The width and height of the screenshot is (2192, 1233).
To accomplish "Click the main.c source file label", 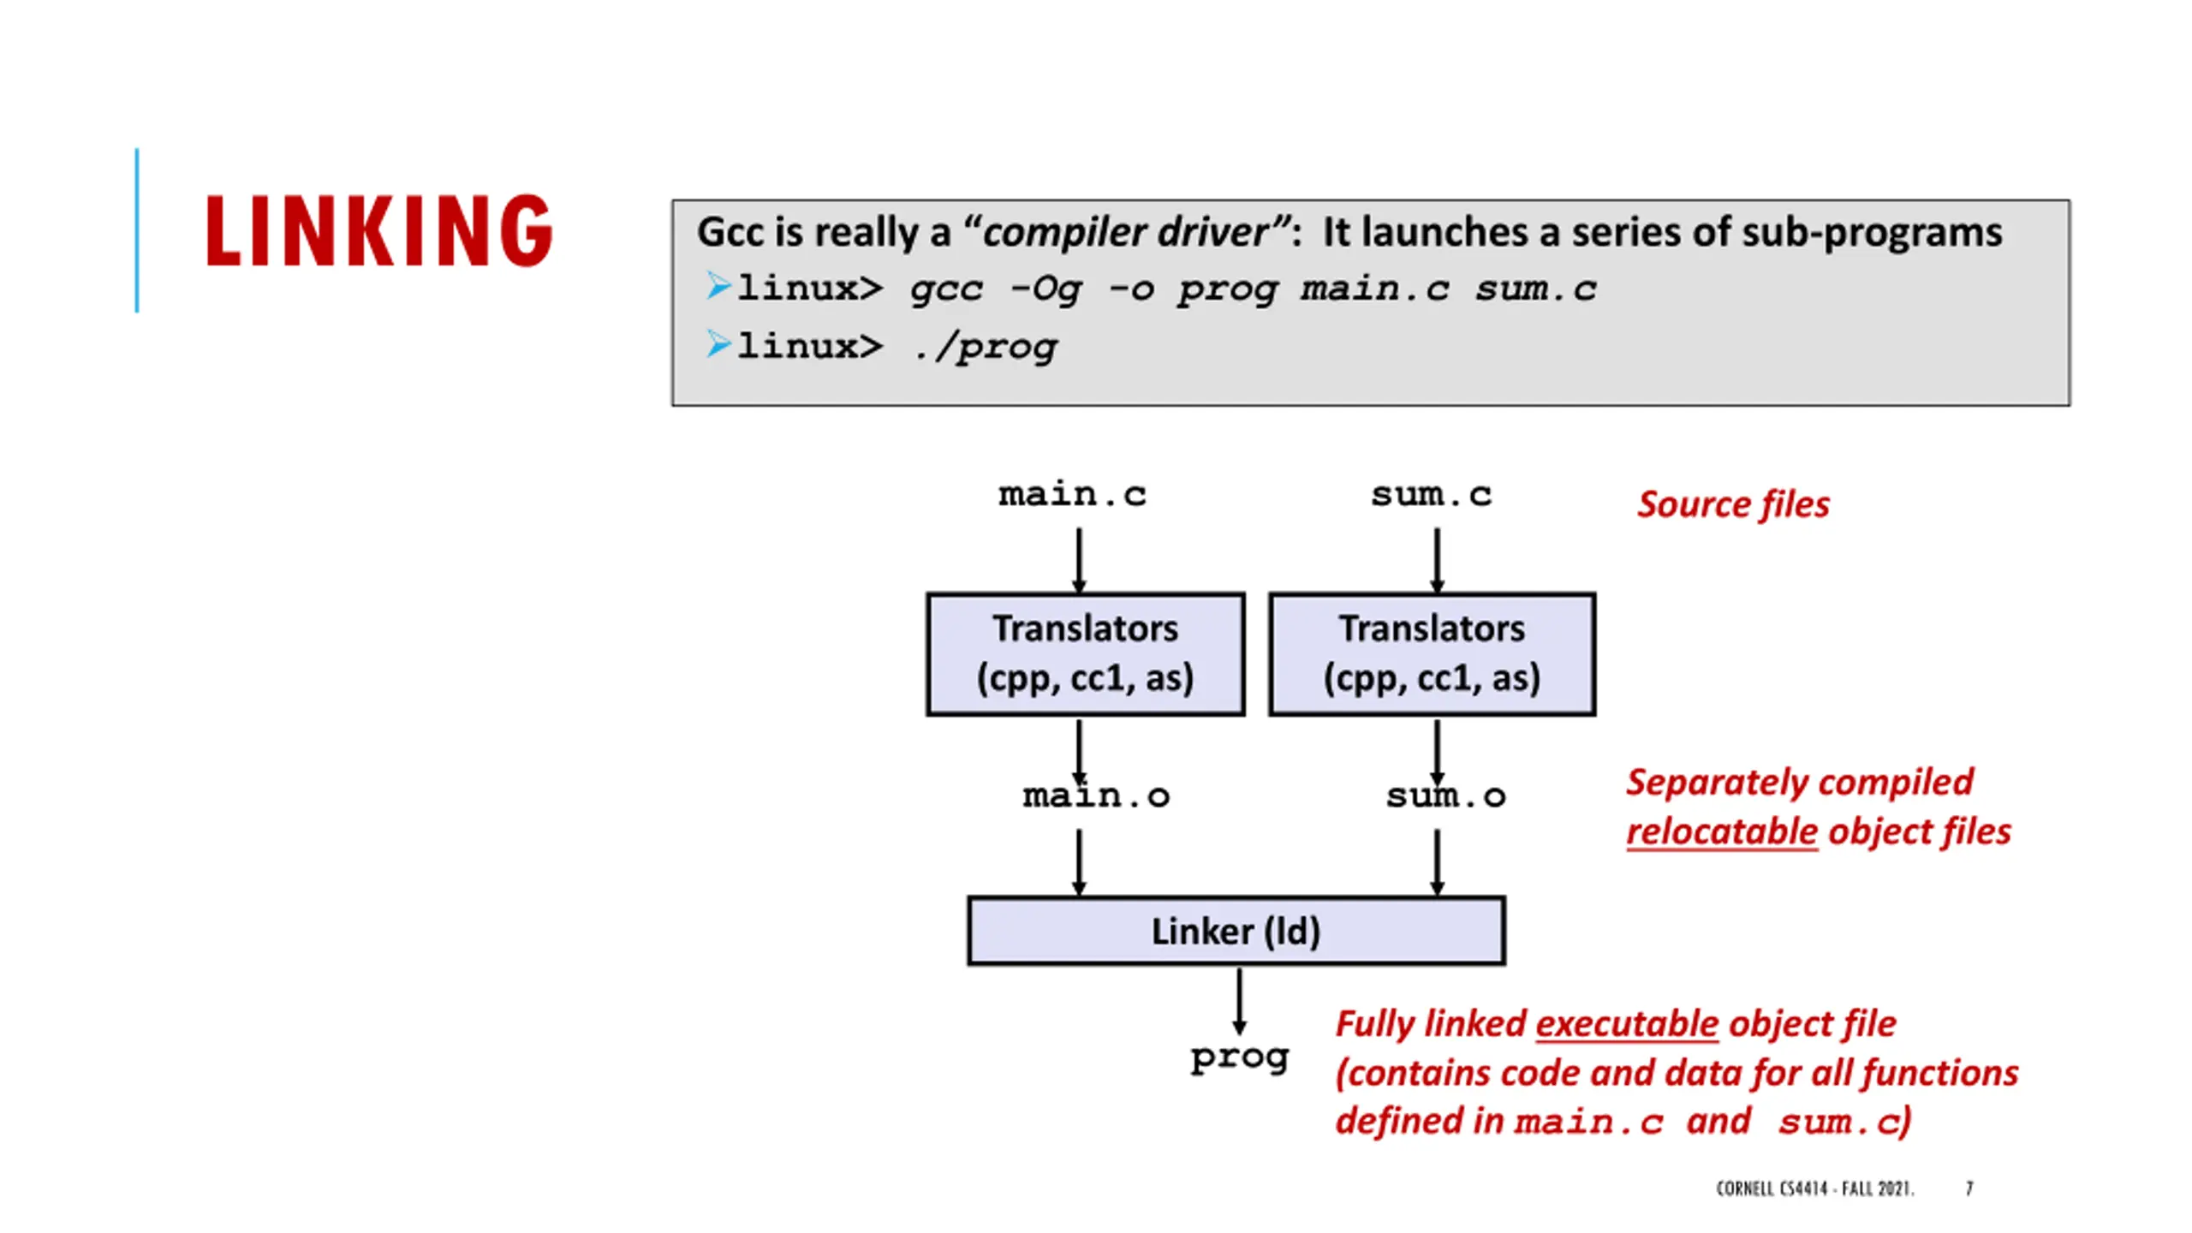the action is pyautogui.click(x=1072, y=495).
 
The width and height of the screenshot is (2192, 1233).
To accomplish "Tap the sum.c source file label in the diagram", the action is pyautogui.click(x=1431, y=495).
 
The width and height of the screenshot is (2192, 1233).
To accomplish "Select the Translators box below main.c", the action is pyautogui.click(x=1086, y=653).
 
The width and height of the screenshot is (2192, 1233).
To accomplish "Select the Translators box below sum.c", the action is pyautogui.click(x=1433, y=653).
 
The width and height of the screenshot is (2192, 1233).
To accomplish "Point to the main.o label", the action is pyautogui.click(x=1096, y=796).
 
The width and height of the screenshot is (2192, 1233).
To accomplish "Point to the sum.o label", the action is pyautogui.click(x=1446, y=796).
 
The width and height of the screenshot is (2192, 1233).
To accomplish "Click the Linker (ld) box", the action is pyautogui.click(x=1236, y=931).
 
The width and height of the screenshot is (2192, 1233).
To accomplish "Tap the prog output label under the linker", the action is pyautogui.click(x=1239, y=1059).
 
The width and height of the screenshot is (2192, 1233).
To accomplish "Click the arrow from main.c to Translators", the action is pyautogui.click(x=1079, y=560).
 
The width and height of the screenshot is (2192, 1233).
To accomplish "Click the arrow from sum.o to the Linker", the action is pyautogui.click(x=1437, y=862).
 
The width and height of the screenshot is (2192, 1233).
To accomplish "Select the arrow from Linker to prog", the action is pyautogui.click(x=1239, y=1002).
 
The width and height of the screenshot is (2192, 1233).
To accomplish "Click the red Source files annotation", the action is pyautogui.click(x=1733, y=504).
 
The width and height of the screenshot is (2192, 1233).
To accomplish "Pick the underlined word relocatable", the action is pyautogui.click(x=1722, y=831).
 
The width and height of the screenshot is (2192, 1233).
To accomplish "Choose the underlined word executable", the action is pyautogui.click(x=1627, y=1024).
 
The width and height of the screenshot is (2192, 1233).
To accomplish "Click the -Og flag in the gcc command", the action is pyautogui.click(x=1045, y=289).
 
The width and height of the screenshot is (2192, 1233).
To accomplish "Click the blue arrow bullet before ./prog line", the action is pyautogui.click(x=718, y=345).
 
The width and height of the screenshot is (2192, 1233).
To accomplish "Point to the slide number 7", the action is pyautogui.click(x=1969, y=1188).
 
